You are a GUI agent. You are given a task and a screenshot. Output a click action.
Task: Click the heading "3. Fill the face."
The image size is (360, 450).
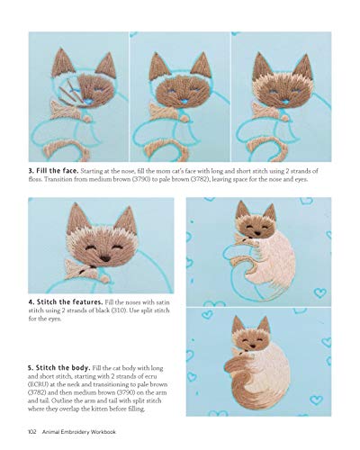pyautogui.click(x=55, y=168)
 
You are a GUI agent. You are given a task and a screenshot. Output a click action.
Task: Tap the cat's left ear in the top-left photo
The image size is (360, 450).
pyautogui.click(x=62, y=63)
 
